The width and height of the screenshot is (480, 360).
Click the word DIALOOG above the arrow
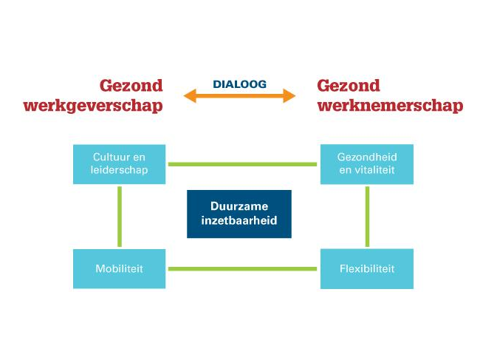pyautogui.click(x=239, y=84)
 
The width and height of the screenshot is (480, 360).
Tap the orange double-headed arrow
pyautogui.click(x=239, y=96)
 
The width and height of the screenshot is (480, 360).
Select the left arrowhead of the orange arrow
pyautogui.click(x=190, y=96)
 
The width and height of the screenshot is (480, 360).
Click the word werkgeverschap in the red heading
pyautogui.click(x=93, y=106)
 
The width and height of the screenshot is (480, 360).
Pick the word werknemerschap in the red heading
pyautogui.click(x=390, y=106)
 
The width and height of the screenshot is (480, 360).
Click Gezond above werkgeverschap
pyautogui.click(x=131, y=86)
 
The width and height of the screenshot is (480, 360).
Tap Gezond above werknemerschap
pyautogui.click(x=349, y=86)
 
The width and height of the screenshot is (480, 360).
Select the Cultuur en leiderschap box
pyautogui.click(x=120, y=164)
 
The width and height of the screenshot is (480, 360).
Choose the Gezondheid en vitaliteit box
pyautogui.click(x=366, y=164)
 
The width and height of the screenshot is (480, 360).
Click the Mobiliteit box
pyautogui.click(x=120, y=268)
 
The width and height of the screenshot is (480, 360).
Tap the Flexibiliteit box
pyautogui.click(x=366, y=268)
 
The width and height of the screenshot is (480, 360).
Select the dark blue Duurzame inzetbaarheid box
pyautogui.click(x=239, y=214)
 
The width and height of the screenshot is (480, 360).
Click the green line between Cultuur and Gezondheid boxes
pyautogui.click(x=243, y=164)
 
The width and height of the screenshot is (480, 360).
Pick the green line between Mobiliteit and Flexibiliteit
pyautogui.click(x=243, y=268)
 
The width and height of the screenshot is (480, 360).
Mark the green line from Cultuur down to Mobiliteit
pyautogui.click(x=120, y=216)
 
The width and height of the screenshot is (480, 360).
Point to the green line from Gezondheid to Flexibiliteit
pyautogui.click(x=367, y=216)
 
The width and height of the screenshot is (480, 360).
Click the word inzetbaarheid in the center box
pyautogui.click(x=239, y=221)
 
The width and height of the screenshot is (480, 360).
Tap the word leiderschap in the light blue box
pyautogui.click(x=120, y=171)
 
